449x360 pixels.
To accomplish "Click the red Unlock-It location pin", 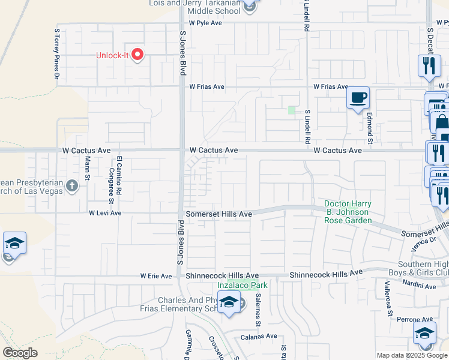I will (x=138, y=55).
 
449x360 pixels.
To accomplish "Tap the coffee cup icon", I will (x=358, y=98).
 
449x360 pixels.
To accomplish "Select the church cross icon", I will (x=72, y=185).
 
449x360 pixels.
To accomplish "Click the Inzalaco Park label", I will (x=242, y=285).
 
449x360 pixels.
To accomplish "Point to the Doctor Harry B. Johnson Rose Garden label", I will (x=348, y=212).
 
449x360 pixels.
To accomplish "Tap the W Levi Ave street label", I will (x=105, y=213).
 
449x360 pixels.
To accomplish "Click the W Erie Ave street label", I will (x=156, y=276).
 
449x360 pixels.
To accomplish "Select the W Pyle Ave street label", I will (x=205, y=23).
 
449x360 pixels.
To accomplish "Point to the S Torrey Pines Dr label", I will (x=58, y=53).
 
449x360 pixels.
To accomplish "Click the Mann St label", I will (x=88, y=168).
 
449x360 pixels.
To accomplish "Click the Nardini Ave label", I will (x=420, y=286).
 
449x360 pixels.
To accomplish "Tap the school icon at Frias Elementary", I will (x=229, y=303).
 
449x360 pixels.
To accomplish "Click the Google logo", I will (x=20, y=353).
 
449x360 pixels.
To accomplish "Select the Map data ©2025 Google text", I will (x=412, y=355).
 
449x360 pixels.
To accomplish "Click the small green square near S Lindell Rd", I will (x=292, y=110).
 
